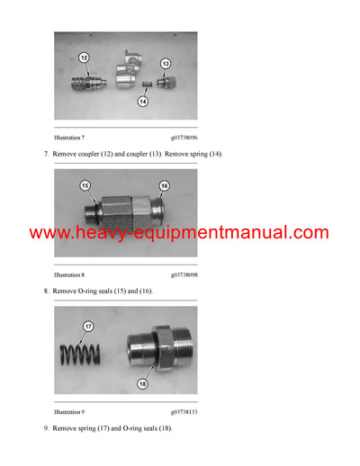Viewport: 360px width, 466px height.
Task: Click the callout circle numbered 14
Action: (144, 102)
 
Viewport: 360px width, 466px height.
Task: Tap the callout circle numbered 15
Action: (85, 186)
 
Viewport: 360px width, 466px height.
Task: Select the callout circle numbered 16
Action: (165, 185)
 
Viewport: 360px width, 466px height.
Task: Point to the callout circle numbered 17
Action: (87, 327)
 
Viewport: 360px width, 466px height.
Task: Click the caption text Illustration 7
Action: (69, 138)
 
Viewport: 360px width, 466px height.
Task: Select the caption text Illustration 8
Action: (69, 273)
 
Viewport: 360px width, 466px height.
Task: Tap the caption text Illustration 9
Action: (69, 410)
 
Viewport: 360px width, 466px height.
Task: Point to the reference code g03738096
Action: (184, 138)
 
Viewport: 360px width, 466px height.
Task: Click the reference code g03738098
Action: (184, 273)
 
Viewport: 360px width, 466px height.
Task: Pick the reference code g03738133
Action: (184, 410)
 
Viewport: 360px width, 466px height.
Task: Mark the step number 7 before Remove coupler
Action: (46, 155)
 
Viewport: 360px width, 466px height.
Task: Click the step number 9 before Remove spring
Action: (46, 427)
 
